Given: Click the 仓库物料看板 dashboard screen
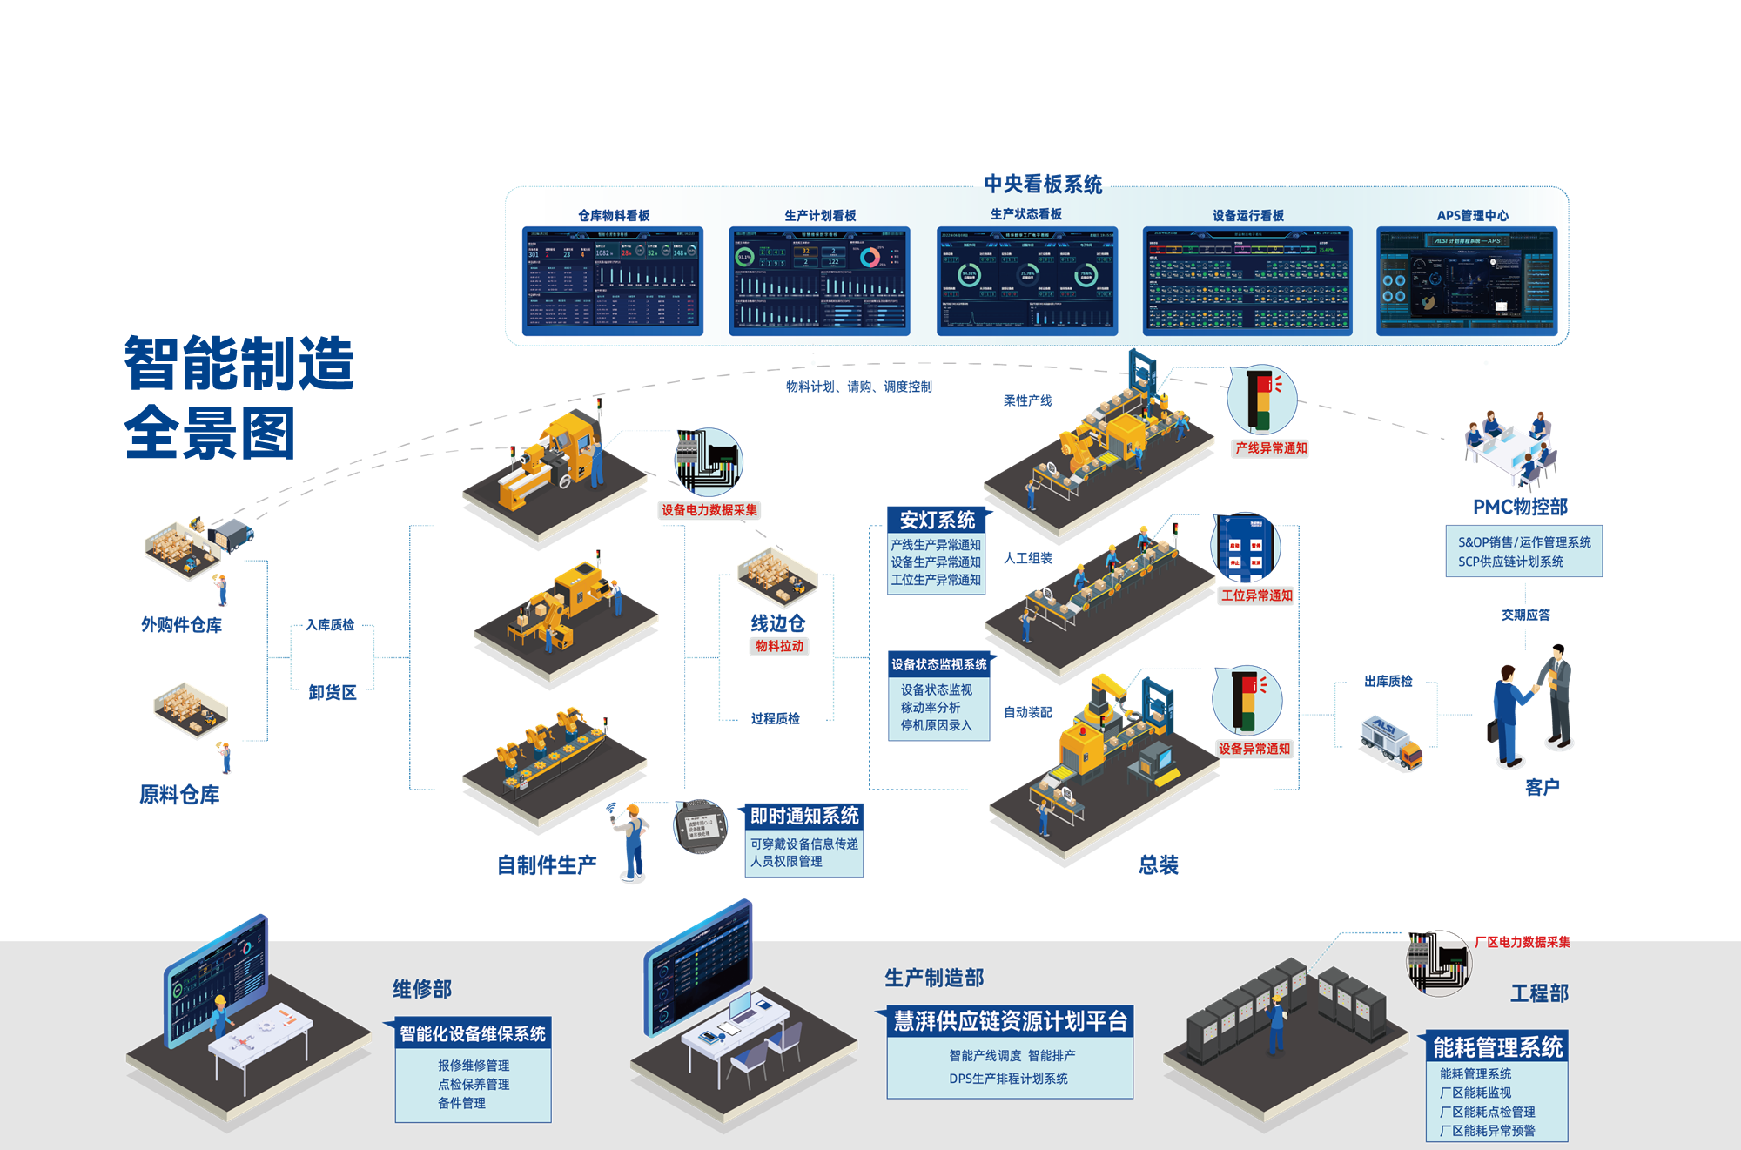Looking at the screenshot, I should [x=612, y=280].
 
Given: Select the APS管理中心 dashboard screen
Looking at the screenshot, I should [x=1467, y=280].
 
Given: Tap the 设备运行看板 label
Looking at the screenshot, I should [x=1248, y=216].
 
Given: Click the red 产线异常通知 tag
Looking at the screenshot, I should [x=1271, y=448].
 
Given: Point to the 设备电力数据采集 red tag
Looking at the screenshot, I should [x=709, y=510].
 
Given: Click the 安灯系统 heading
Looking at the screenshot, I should [x=938, y=520].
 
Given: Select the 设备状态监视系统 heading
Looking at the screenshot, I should [x=939, y=664].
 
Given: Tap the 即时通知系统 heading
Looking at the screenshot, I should [x=804, y=816].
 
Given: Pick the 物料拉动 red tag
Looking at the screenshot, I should [x=779, y=646].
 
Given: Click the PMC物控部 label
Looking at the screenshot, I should [x=1520, y=507].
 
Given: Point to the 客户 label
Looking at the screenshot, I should [x=1542, y=787].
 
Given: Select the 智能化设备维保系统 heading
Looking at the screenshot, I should [x=473, y=1033].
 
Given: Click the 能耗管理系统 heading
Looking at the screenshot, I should [x=1497, y=1047].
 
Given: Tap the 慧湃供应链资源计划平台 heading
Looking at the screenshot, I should [x=1011, y=1021].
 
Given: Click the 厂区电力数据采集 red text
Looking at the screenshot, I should [x=1522, y=942].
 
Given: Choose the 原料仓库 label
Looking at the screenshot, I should [x=179, y=795].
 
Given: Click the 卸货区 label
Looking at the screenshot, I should [x=333, y=693].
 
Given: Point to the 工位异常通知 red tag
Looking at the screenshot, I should [x=1257, y=595].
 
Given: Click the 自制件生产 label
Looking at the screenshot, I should [x=547, y=864].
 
